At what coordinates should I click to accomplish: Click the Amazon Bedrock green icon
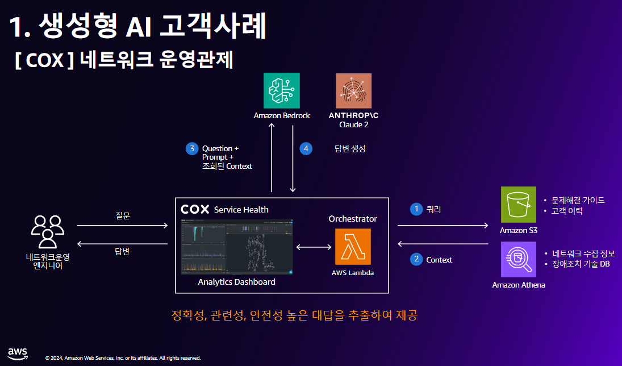tap(282, 91)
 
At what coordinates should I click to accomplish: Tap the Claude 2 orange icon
tap(353, 91)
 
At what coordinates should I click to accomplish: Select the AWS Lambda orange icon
tap(353, 247)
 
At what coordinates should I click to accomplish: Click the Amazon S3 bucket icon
tap(518, 205)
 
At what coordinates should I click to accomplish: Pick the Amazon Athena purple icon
tap(518, 259)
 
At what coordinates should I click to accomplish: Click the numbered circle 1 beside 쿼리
tap(416, 209)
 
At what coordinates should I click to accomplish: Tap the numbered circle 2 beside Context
tap(416, 259)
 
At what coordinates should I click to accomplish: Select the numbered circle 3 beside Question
tap(191, 149)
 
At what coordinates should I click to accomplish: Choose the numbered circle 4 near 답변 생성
tap(306, 149)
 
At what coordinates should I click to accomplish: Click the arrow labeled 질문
tap(122, 226)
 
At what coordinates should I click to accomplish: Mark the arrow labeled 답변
tap(122, 244)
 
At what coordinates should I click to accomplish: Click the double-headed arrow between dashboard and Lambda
tap(314, 247)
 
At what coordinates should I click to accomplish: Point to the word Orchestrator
tap(353, 218)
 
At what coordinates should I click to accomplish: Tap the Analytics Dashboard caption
tap(236, 282)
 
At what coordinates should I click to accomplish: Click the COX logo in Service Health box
tap(195, 210)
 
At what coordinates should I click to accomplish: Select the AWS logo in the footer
tap(18, 352)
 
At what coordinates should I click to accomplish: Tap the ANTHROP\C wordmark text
tap(353, 115)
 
